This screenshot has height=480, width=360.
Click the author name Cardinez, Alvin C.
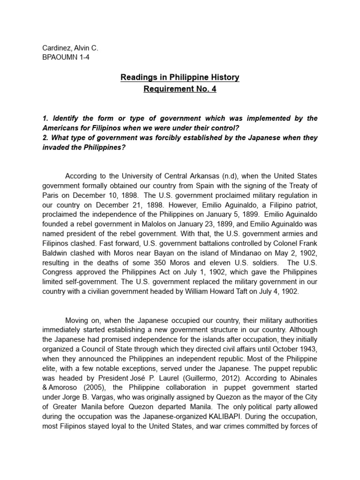(70, 48)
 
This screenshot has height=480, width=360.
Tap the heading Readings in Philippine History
(180, 77)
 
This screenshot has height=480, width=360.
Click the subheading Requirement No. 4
(180, 89)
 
